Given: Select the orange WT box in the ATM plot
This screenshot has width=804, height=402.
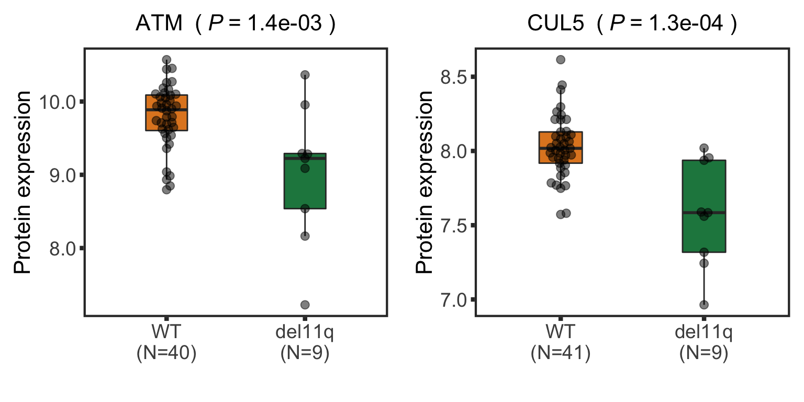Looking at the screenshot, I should pyautogui.click(x=166, y=113).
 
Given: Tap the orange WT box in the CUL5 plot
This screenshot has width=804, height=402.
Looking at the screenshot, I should pyautogui.click(x=561, y=147).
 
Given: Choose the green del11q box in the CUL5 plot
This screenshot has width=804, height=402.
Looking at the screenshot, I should pyautogui.click(x=704, y=207).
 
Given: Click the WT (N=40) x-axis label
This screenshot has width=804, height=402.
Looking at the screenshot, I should pyautogui.click(x=166, y=343).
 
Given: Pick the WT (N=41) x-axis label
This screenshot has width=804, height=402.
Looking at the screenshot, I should pyautogui.click(x=561, y=343).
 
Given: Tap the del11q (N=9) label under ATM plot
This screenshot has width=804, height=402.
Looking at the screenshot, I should pyautogui.click(x=305, y=343).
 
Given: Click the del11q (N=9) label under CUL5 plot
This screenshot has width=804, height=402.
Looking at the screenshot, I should pyautogui.click(x=704, y=343).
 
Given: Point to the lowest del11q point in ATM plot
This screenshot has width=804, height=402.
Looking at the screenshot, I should pyautogui.click(x=305, y=305).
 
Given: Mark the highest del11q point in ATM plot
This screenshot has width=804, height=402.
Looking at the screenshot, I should pyautogui.click(x=305, y=75).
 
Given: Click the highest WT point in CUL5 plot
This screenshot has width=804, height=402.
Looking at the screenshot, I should pyautogui.click(x=561, y=60).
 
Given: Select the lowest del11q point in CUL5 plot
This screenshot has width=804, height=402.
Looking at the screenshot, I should pyautogui.click(x=704, y=305).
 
